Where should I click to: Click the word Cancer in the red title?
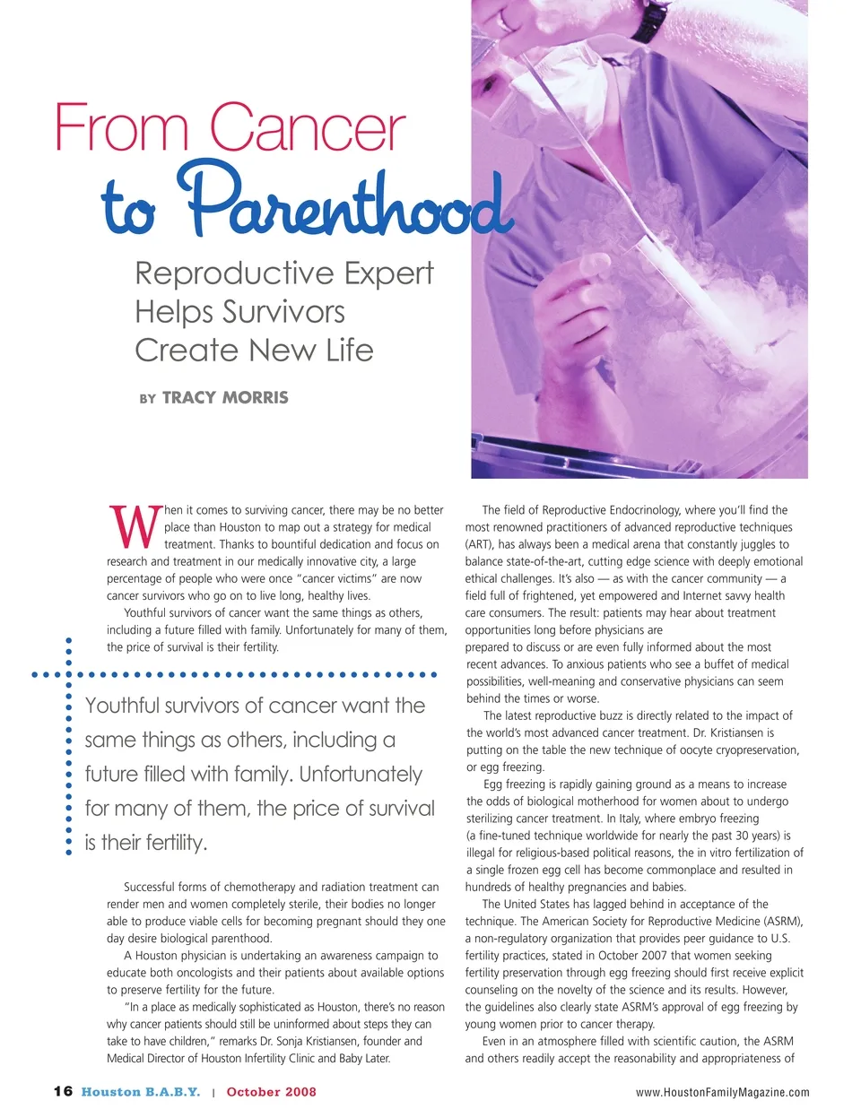point(308,128)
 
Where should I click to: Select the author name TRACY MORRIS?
point(225,397)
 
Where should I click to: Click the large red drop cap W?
point(135,528)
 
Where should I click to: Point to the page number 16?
point(63,1091)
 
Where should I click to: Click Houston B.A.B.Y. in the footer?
point(141,1092)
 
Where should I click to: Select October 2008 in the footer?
point(271,1092)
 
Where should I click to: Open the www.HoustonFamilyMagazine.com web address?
point(722,1092)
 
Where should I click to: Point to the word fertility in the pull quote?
point(174,843)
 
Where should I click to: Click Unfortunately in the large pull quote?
point(361,775)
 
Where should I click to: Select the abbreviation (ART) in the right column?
point(480,544)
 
